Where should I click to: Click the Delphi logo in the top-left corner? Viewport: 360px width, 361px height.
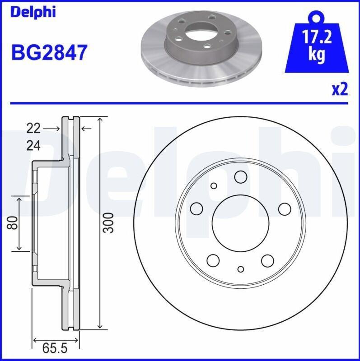33,12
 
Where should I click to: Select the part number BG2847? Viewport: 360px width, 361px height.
49,52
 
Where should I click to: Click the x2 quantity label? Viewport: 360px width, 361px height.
340,89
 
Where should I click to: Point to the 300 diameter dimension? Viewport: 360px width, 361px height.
108,223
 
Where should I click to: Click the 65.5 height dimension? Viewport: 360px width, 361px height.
55,348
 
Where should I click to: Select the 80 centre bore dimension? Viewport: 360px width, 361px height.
13,222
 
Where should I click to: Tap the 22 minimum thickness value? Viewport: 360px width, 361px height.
33,128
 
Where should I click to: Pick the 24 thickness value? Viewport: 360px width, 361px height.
33,145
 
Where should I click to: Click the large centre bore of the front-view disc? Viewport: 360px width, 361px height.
240,223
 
